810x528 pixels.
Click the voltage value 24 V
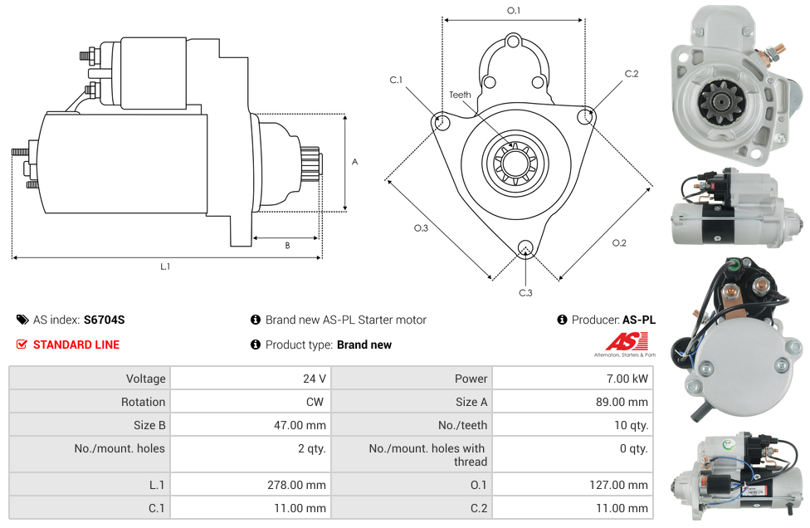pos(314,379)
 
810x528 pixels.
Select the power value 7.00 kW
pos(628,379)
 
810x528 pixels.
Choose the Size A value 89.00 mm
pos(622,402)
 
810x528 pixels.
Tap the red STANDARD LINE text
pos(76,345)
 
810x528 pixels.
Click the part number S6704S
pos(104,320)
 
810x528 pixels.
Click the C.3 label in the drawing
pos(525,293)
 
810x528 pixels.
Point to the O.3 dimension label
pos(421,228)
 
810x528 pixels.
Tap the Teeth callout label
pos(460,95)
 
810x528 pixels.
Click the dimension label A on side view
pos(354,162)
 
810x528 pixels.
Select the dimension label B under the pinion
pos(287,246)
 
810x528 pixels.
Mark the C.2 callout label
pos(632,74)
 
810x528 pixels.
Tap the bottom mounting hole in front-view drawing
pos(525,247)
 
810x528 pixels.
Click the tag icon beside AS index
pos(22,320)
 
